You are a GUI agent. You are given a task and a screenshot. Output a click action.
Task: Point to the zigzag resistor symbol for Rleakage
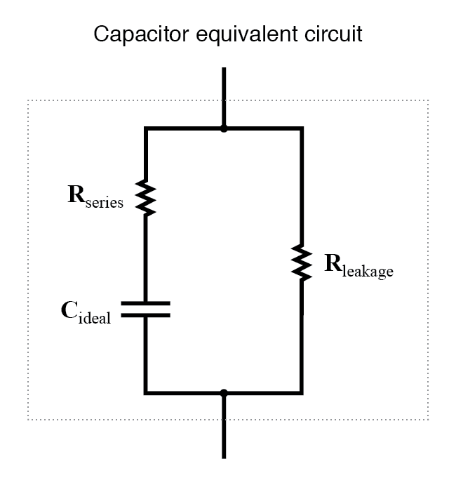coord(302,262)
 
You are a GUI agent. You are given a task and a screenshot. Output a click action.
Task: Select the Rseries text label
coord(95,197)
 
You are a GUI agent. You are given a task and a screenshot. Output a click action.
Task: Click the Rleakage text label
coord(358,265)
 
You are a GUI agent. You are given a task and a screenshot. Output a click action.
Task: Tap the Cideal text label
coord(86,313)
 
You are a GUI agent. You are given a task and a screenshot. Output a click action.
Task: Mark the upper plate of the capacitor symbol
coord(145,304)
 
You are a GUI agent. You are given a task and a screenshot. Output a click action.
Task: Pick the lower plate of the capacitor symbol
coord(145,315)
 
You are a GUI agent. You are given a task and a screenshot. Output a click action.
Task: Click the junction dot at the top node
coord(224,128)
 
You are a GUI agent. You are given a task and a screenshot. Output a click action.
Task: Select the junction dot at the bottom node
coord(224,392)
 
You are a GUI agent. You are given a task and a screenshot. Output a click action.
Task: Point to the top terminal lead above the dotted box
coord(224,84)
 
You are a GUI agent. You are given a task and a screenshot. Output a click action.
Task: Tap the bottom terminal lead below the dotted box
coord(224,439)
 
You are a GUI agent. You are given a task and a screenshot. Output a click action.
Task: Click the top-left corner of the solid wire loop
coord(145,128)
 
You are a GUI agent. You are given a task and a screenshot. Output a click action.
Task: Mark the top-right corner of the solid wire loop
coord(302,128)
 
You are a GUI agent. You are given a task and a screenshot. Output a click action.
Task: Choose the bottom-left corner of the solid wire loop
coord(145,392)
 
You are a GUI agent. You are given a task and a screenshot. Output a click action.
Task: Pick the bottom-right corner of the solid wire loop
coord(302,392)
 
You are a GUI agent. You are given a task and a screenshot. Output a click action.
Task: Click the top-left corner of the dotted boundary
coord(28,100)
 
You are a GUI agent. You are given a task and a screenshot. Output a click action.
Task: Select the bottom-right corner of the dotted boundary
coord(428,420)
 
